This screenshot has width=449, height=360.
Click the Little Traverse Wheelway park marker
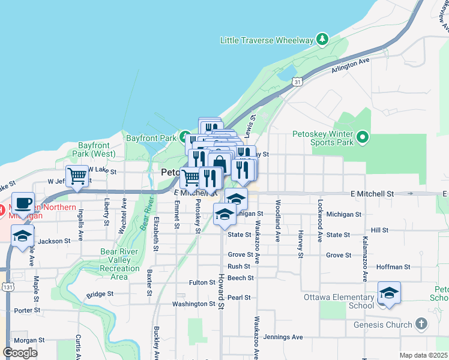point(323,40)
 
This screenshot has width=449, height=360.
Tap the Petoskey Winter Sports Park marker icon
point(362,139)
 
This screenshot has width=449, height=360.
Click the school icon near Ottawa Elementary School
point(389,293)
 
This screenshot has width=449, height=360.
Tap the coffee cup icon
point(23,203)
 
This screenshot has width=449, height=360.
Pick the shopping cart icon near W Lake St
point(77,177)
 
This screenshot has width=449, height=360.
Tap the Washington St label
point(193,304)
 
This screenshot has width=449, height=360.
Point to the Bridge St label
point(100,294)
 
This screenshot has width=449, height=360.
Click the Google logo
point(20,353)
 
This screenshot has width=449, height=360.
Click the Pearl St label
point(238,297)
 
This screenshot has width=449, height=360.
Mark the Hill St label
point(379,230)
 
